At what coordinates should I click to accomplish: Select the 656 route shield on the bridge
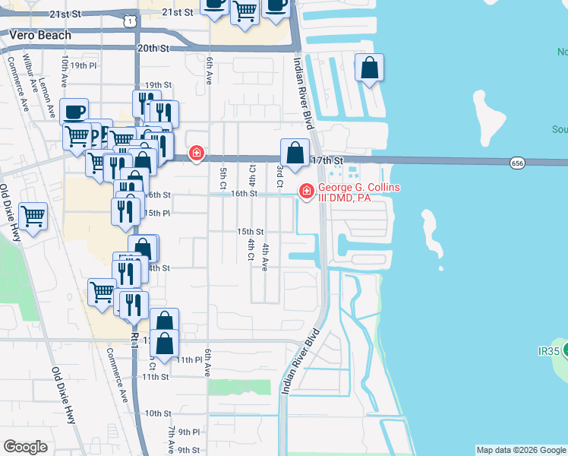coord(517,163)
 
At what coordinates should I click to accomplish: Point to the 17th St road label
coord(327,161)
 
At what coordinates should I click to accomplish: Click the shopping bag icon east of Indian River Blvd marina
coord(369,68)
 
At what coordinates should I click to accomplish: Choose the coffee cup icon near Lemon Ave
coord(74,112)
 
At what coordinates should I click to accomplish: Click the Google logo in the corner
coord(25,447)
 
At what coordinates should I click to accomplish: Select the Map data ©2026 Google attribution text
coord(521,450)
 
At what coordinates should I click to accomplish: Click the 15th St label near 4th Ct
coord(250,231)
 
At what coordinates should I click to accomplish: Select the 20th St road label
coord(152,48)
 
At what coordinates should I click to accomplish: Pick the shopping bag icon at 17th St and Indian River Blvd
coord(295,153)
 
